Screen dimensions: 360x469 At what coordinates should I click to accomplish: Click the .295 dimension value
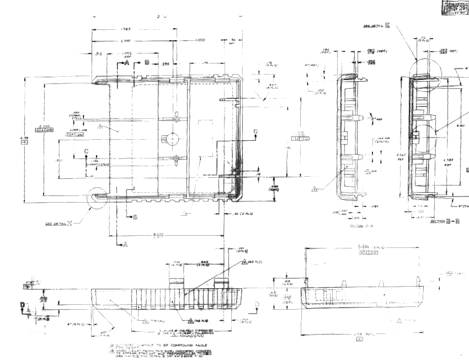[164, 64]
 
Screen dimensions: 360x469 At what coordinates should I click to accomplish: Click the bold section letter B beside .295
[147, 63]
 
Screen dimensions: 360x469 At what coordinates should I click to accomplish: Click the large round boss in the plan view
[170, 138]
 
